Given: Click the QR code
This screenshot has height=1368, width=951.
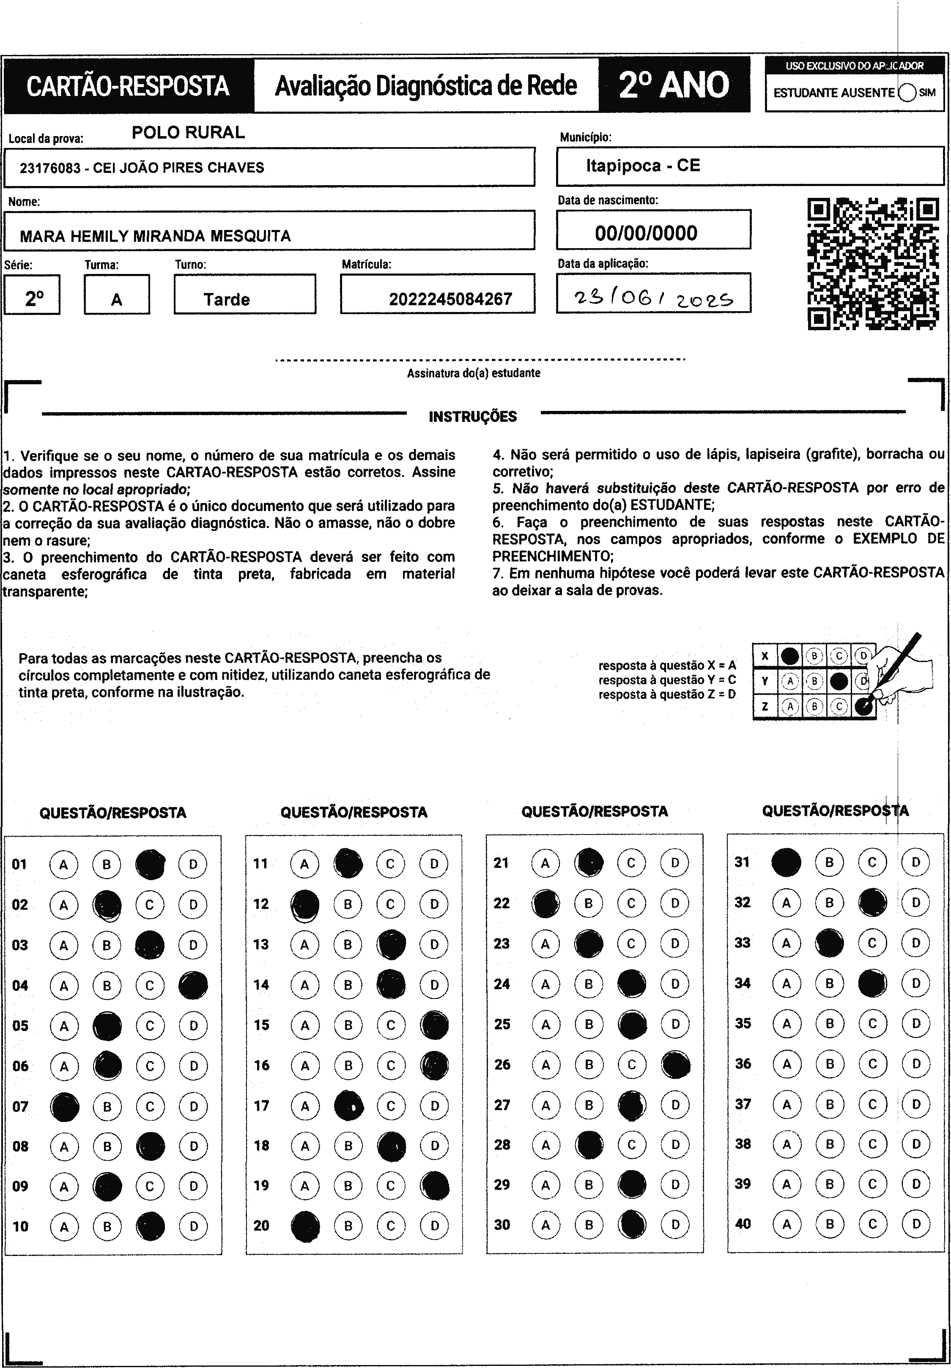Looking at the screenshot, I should click(x=873, y=264).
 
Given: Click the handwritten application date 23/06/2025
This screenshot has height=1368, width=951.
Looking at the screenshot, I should click(x=653, y=297).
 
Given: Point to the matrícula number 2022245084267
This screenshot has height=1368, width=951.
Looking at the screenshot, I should click(x=450, y=299).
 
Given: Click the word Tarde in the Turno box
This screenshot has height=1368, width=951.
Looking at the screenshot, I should click(x=226, y=299).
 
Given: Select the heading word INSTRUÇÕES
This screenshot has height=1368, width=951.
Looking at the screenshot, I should click(x=472, y=416).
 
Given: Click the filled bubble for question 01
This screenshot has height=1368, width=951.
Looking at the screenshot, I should click(x=150, y=864).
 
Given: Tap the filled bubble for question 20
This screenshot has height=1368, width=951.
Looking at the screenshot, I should click(x=305, y=1226).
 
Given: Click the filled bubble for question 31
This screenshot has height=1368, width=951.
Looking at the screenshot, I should click(x=787, y=862).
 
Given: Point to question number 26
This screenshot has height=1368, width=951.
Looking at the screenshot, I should click(x=502, y=1064).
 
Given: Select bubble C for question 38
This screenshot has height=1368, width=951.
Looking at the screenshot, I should click(x=873, y=1144).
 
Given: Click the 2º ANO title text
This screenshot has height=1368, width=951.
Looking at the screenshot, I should click(x=674, y=85).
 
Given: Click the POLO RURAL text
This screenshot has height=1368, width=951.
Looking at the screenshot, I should click(x=188, y=132).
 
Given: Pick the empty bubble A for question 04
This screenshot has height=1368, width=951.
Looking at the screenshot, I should click(x=64, y=986).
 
